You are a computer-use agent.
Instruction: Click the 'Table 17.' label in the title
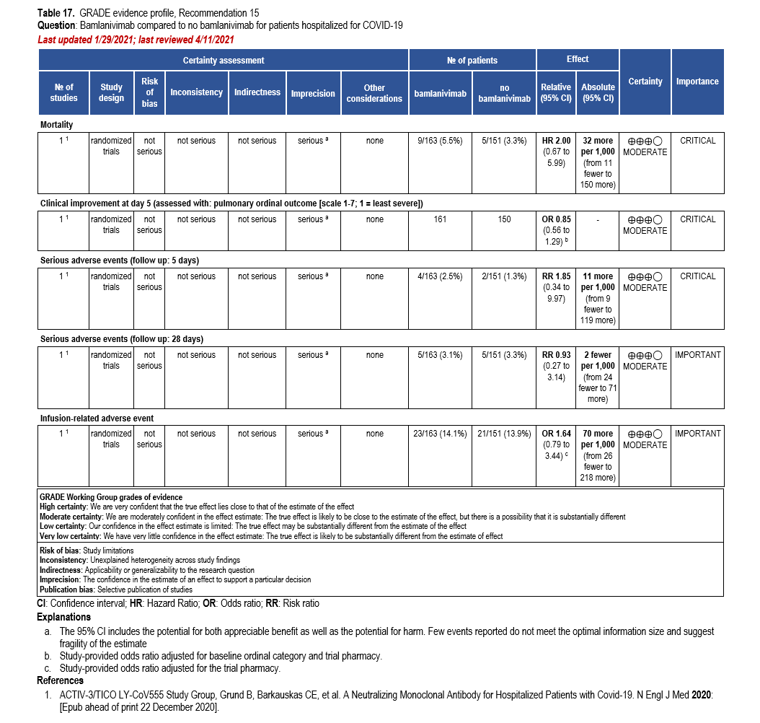click(56, 13)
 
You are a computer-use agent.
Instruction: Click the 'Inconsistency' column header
click(196, 92)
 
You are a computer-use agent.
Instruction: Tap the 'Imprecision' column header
click(313, 93)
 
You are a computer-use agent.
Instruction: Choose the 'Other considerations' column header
click(374, 93)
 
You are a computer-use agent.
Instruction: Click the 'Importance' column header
click(697, 82)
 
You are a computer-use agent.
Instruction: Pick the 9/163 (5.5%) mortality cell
click(439, 141)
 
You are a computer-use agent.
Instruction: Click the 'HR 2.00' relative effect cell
click(556, 141)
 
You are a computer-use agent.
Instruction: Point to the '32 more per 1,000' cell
click(598, 146)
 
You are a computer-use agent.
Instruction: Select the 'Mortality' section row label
click(56, 125)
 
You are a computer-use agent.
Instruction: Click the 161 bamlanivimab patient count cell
click(439, 219)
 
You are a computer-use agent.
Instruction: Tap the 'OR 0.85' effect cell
click(556, 219)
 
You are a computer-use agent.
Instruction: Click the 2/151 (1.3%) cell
click(505, 276)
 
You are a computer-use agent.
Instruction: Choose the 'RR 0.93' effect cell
click(556, 355)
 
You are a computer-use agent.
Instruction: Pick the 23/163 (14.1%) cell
click(439, 434)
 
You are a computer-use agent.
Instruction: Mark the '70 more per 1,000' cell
click(598, 439)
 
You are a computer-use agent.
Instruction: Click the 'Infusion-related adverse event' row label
click(97, 418)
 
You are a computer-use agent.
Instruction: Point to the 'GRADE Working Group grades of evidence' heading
click(111, 497)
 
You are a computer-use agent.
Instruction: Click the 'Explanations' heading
click(64, 617)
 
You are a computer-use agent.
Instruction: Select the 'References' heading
click(61, 680)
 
